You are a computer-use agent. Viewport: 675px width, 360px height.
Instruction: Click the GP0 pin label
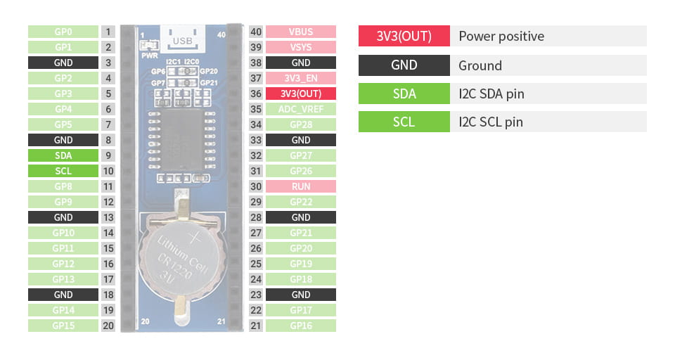point(63,32)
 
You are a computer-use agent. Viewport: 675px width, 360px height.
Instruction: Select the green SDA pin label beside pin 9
point(63,155)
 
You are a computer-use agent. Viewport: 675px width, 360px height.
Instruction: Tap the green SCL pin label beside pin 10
point(63,171)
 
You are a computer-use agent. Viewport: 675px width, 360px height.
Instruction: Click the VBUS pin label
point(300,32)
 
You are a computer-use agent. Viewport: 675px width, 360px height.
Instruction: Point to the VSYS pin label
point(300,47)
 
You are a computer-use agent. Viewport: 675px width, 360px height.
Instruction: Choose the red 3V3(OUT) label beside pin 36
point(300,94)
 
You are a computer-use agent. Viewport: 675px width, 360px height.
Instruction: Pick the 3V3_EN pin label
point(300,78)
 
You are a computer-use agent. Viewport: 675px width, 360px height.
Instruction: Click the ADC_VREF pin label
point(300,109)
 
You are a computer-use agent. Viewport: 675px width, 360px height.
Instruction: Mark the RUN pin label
point(300,186)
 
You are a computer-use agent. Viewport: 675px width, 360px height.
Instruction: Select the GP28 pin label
point(300,124)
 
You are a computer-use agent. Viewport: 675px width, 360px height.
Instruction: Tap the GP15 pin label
point(63,326)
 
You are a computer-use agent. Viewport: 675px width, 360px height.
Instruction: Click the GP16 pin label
point(300,326)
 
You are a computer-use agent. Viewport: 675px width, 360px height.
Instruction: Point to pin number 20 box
point(108,326)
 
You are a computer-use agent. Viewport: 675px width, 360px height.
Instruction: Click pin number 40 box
point(256,32)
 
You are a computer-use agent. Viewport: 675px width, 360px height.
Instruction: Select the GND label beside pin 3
point(63,63)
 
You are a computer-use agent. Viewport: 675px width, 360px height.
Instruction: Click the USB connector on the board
point(182,39)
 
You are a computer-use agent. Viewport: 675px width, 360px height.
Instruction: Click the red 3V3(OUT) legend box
point(404,36)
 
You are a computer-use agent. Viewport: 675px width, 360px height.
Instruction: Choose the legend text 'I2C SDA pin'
point(491,94)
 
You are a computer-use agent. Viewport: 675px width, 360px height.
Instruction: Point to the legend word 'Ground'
point(480,65)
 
